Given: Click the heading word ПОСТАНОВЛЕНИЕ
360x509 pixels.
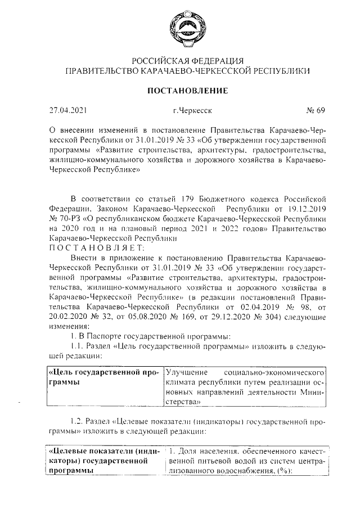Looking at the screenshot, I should point(187,90).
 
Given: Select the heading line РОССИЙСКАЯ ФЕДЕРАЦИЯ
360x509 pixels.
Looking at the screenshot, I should point(187,61).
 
